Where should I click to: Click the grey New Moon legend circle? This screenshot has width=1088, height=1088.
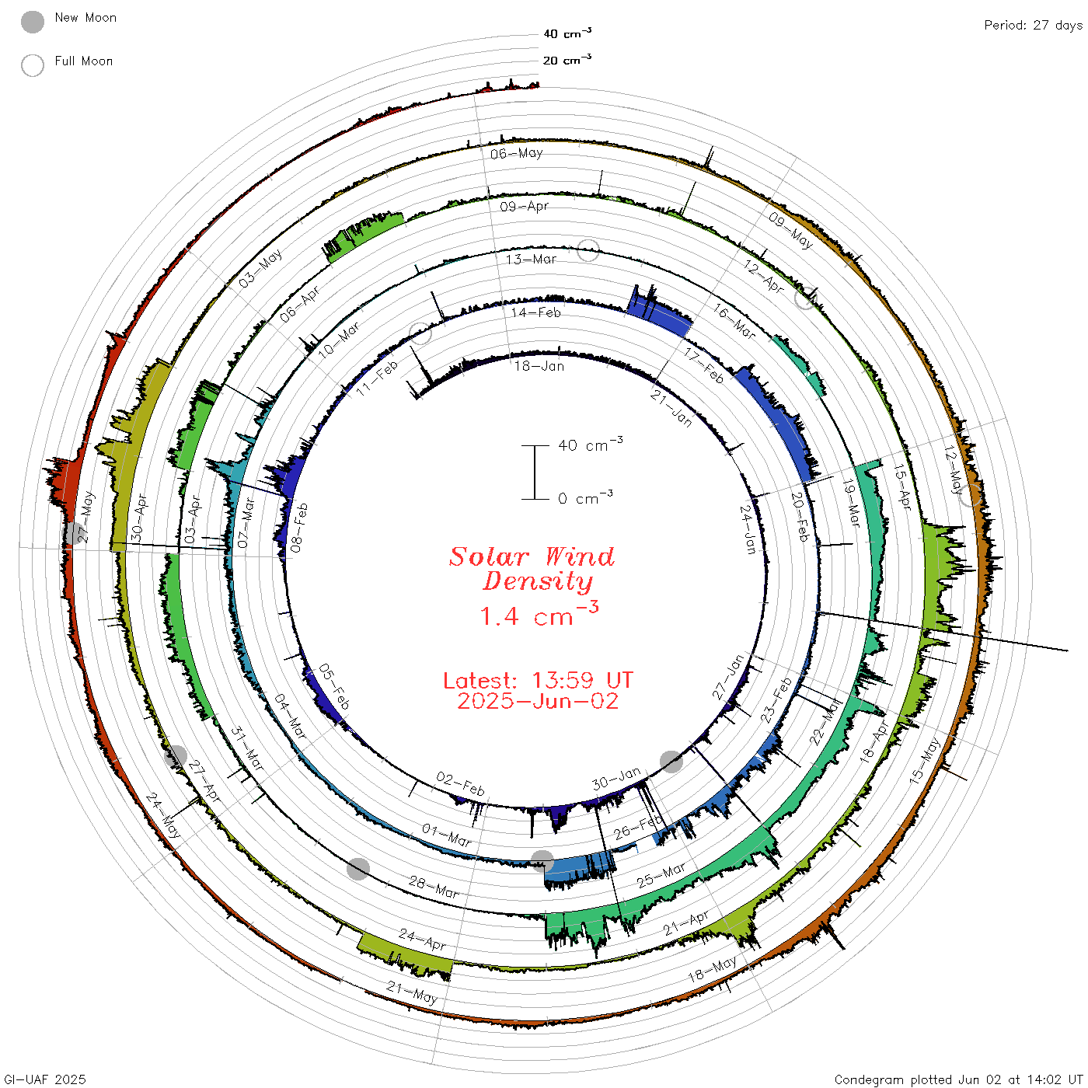tap(32, 22)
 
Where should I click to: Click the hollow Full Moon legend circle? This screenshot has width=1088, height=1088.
tap(32, 65)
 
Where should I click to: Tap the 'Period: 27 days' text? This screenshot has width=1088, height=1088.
tap(1034, 26)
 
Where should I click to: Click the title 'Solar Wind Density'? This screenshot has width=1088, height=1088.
tap(532, 569)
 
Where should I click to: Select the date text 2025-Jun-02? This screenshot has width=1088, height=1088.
tap(538, 701)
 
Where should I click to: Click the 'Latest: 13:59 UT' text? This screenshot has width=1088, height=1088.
tap(538, 680)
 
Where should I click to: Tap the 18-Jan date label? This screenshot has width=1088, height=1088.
tap(539, 366)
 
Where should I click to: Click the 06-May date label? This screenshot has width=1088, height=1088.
tap(517, 153)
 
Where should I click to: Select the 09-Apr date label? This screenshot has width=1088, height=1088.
tap(524, 206)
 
